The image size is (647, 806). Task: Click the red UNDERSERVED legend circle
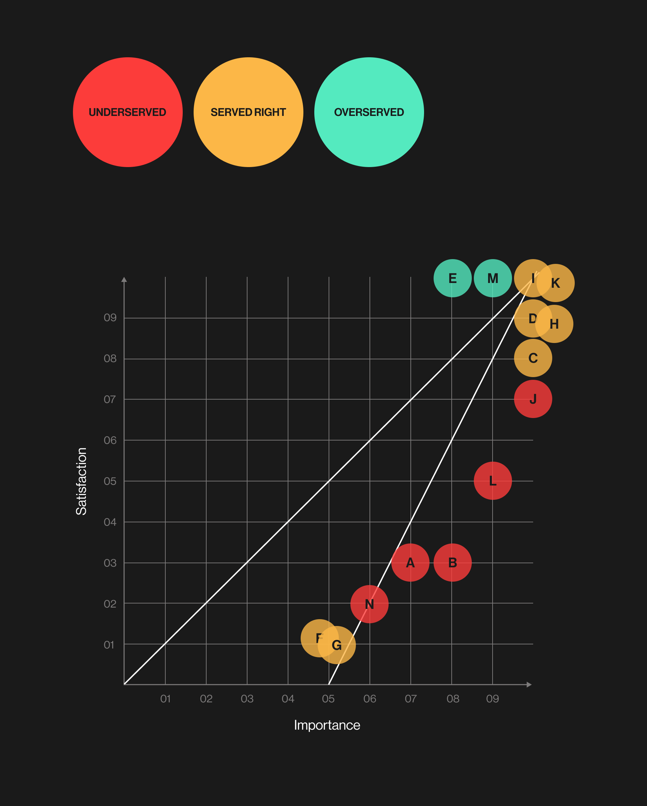tap(127, 112)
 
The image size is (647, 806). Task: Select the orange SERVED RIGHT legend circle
tap(248, 112)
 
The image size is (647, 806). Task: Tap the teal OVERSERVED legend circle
tap(369, 112)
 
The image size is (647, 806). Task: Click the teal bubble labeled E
tap(452, 278)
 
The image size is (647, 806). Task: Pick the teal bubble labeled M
tap(493, 278)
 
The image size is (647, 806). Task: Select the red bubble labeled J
tap(533, 399)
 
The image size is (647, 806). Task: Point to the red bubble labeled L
tap(493, 481)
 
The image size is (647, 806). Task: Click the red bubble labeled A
tap(410, 562)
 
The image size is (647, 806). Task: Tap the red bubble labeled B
tap(452, 562)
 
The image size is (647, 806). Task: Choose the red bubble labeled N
tap(369, 604)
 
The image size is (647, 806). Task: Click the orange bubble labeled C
tap(533, 358)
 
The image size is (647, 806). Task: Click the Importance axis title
tap(327, 725)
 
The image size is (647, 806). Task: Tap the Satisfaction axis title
tap(81, 481)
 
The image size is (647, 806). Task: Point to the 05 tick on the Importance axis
tap(328, 699)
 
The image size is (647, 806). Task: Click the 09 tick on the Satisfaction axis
tap(110, 318)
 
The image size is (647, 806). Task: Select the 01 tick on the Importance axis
tap(165, 699)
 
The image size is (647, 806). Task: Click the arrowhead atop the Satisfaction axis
tap(124, 280)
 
